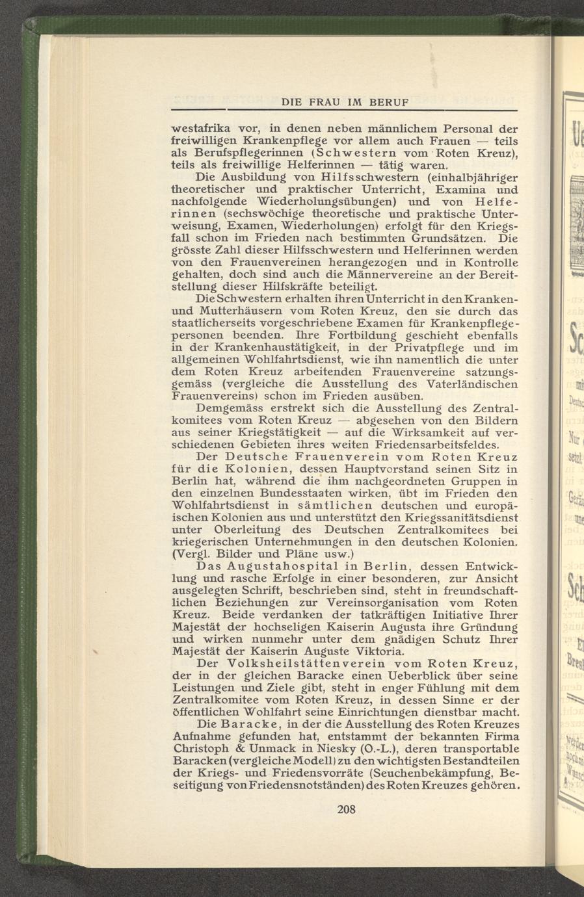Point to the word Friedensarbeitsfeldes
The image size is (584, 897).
tap(427, 445)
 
